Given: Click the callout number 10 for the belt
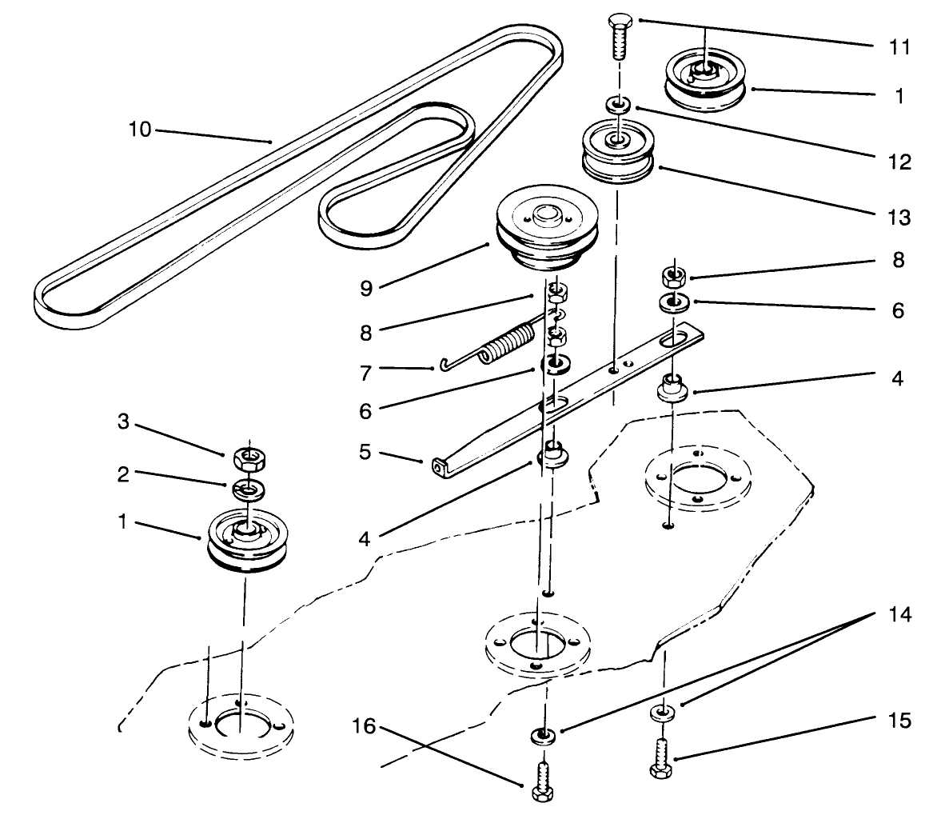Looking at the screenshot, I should pyautogui.click(x=139, y=130).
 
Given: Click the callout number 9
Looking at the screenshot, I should pyautogui.click(x=365, y=287).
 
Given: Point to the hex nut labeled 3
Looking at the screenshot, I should pyautogui.click(x=249, y=457).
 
